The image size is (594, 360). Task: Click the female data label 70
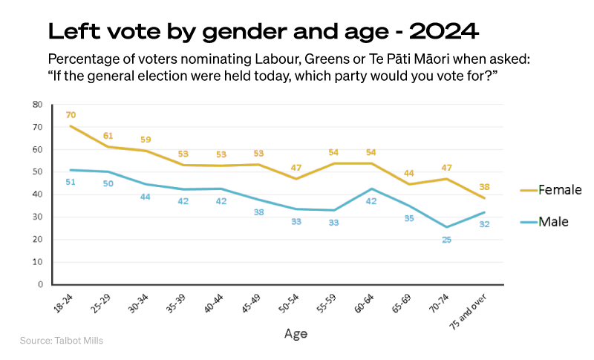(71, 115)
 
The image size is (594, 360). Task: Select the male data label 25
(447, 240)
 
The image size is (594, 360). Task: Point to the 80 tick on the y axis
(37, 105)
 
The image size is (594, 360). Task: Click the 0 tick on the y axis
(39, 284)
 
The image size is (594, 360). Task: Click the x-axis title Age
(295, 334)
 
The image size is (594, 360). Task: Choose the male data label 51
(71, 182)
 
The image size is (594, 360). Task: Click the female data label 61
(108, 136)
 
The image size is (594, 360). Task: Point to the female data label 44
(409, 173)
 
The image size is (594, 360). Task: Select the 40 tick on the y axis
(37, 194)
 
